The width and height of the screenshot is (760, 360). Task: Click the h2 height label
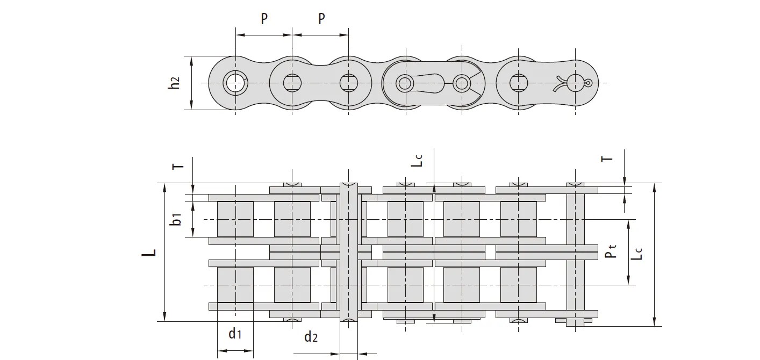tap(174, 83)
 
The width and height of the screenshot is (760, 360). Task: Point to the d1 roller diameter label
tap(235, 334)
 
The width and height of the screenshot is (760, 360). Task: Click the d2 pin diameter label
tap(311, 337)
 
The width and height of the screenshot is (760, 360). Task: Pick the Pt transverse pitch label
tap(611, 251)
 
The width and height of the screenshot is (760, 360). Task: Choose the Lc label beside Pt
tap(636, 253)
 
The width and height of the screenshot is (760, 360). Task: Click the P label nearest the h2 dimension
tap(264, 19)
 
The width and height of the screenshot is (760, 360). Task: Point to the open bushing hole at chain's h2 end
tap(234, 83)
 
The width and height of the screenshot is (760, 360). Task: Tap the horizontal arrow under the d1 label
tap(235, 351)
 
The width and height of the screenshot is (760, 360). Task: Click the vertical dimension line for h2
tap(192, 83)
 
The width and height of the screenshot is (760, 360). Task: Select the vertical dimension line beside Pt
tap(628, 251)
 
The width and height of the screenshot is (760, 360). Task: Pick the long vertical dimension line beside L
tap(165, 253)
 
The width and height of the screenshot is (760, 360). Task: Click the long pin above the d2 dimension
tap(348, 253)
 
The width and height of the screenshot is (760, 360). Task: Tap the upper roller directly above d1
tap(235, 219)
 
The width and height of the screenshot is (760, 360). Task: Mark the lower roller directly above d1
tap(235, 284)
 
